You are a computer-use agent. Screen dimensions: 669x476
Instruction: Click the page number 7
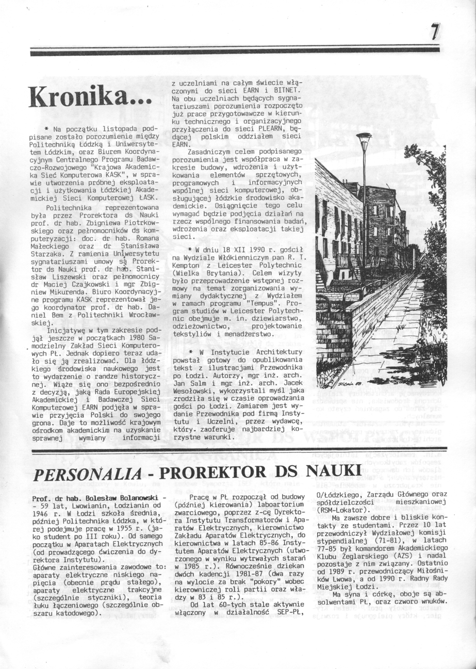tap(435, 32)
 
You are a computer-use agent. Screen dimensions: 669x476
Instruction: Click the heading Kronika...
tap(91, 96)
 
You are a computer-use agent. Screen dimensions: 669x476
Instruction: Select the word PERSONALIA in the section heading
tap(87, 475)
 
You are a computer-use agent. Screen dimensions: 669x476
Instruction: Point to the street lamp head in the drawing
tap(364, 137)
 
